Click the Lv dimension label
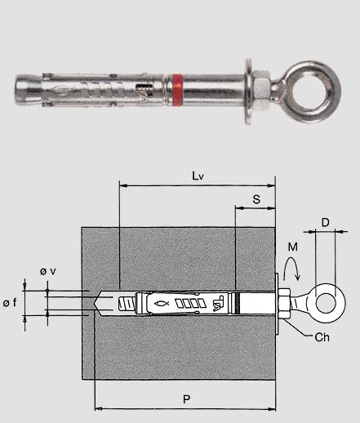pos(198,176)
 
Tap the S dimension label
pos(256,199)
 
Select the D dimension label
pos(326,222)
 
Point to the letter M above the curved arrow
pos(292,247)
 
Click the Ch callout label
pos(322,337)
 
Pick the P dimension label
pos(186,399)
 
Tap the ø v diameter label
pos(48,271)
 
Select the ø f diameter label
pos(10,302)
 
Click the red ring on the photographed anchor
pos(177,90)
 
